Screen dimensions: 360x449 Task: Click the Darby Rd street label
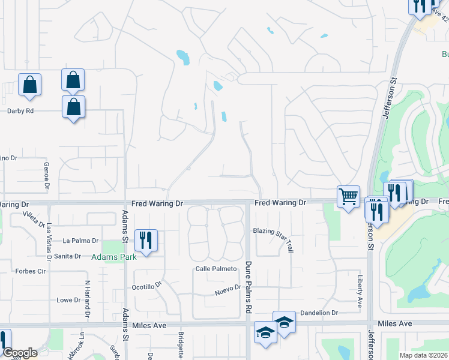point(20,111)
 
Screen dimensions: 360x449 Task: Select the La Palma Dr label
point(80,241)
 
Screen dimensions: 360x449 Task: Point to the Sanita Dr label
point(68,256)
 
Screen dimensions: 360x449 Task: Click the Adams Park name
point(114,257)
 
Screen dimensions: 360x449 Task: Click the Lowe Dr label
point(68,300)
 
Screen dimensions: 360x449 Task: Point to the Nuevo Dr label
point(228,290)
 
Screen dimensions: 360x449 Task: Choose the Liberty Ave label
point(360,291)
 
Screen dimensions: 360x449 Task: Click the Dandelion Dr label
point(319,313)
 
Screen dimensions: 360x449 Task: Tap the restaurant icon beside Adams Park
point(146,240)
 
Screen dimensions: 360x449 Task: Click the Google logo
point(20,353)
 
